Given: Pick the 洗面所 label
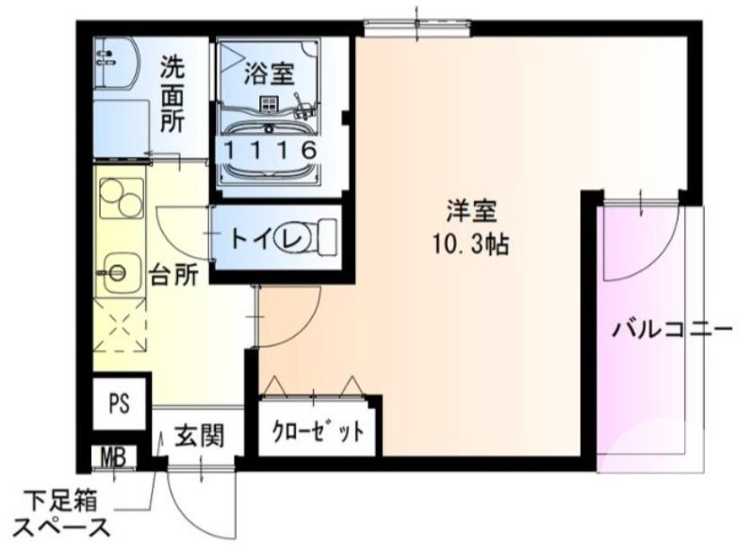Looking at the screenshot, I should (x=172, y=94).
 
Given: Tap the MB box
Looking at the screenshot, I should (x=114, y=459).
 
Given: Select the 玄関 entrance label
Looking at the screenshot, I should (x=198, y=437).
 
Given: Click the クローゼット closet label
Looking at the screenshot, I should (x=318, y=433).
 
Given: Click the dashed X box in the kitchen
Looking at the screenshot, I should (x=121, y=330).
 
